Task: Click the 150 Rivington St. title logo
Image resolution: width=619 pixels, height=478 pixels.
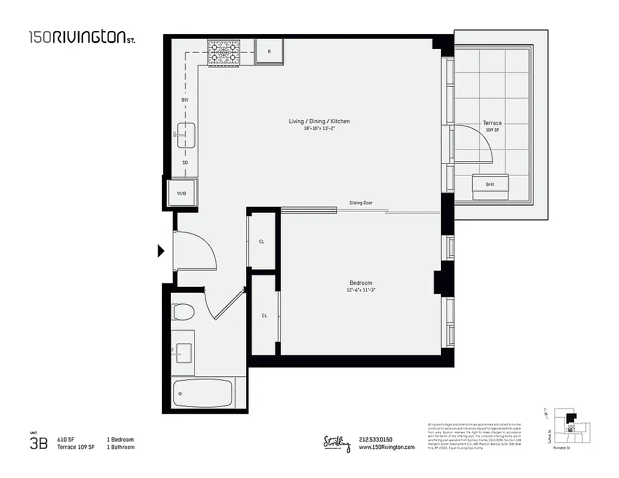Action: click(x=82, y=38)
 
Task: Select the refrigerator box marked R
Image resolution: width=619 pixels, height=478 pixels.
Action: click(x=269, y=52)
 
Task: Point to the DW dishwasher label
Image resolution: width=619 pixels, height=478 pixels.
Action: click(x=185, y=100)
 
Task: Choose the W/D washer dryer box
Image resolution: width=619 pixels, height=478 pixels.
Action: click(x=181, y=194)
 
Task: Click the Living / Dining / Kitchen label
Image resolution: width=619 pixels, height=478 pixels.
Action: click(x=319, y=121)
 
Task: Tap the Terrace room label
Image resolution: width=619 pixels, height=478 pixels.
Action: click(x=492, y=123)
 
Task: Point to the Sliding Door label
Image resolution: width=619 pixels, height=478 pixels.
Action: click(x=361, y=203)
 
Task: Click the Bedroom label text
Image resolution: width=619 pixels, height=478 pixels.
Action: click(x=361, y=283)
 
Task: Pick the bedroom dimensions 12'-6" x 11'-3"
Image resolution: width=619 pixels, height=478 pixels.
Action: click(x=361, y=290)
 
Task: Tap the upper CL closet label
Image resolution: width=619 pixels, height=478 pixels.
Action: click(x=262, y=242)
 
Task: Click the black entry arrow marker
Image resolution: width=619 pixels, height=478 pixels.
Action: click(x=160, y=251)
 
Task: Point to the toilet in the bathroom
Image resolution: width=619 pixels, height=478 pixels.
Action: click(x=183, y=311)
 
